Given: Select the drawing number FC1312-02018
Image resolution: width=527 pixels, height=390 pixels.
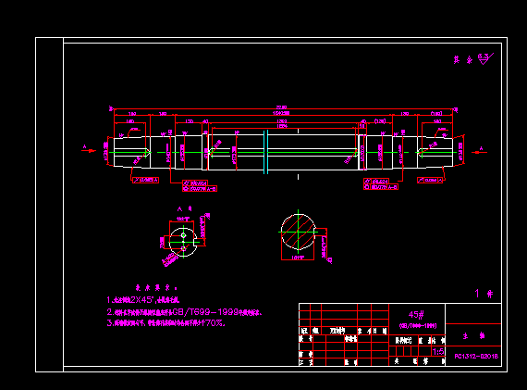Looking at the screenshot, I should [x=476, y=356].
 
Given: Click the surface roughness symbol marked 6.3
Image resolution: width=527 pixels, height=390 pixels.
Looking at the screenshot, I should [x=471, y=57].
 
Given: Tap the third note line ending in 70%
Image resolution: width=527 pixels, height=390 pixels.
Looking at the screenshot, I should [x=167, y=324].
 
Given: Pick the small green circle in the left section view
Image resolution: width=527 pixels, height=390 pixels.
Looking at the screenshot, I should [x=183, y=236].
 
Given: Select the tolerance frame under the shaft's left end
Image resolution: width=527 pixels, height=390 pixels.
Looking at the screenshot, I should [x=145, y=181].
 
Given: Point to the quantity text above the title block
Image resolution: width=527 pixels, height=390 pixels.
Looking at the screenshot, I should [x=480, y=294].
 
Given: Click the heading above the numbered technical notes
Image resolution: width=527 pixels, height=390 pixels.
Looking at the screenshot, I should [x=151, y=288].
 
